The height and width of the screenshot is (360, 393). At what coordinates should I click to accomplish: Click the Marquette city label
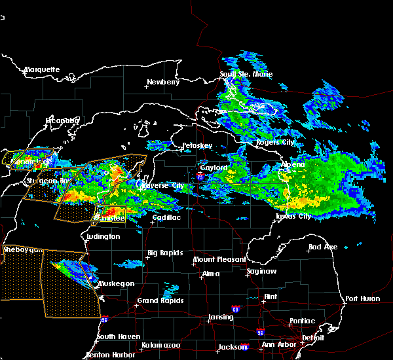coord(42,69)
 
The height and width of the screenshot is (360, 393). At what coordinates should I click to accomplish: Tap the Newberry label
coord(162,82)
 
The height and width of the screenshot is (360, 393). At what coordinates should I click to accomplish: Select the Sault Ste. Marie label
coord(246,74)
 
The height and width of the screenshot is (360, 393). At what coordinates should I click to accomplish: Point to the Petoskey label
coord(197,145)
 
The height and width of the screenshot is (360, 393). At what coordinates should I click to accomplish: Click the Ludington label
coord(103,236)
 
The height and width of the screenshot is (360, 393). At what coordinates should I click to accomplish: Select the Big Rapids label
coord(164,253)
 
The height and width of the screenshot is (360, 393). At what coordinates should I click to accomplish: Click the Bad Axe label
coord(322,247)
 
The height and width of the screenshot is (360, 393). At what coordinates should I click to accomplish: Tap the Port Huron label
coord(364,298)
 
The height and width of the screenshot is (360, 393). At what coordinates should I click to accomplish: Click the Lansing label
coord(221,317)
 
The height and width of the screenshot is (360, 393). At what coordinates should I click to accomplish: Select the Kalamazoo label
coord(162,345)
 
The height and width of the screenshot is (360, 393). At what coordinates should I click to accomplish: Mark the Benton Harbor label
coord(108,355)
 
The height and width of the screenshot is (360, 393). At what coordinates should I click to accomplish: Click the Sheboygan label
coord(23,250)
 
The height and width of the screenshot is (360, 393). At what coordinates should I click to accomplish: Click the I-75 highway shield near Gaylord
coord(200,175)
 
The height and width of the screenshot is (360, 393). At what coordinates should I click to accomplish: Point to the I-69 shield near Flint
coord(235,308)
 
